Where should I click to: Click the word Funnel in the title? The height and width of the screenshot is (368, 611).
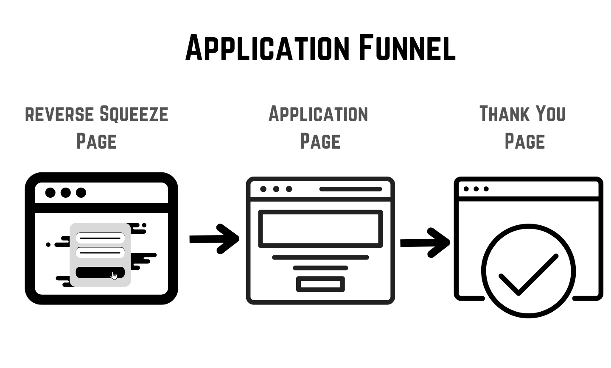click(407, 47)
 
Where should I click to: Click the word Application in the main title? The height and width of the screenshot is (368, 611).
click(268, 47)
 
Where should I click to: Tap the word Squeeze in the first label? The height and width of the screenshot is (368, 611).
click(134, 114)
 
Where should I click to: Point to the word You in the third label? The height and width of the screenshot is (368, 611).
click(550, 114)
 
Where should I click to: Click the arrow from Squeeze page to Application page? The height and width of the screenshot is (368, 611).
click(214, 239)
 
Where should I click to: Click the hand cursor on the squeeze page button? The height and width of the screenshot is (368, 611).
click(114, 276)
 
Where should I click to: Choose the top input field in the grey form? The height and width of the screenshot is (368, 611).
click(100, 238)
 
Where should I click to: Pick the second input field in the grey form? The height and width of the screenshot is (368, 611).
click(100, 253)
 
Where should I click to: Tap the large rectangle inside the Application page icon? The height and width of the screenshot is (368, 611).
click(320, 229)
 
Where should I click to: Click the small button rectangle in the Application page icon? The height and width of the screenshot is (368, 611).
click(320, 284)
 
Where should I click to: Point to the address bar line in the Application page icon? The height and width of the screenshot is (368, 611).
click(350, 189)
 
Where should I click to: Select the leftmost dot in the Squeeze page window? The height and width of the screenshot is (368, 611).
click(50, 193)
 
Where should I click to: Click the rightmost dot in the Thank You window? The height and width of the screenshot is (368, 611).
click(486, 189)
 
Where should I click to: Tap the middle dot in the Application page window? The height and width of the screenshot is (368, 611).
click(276, 189)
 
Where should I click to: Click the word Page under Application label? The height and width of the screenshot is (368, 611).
click(320, 141)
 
